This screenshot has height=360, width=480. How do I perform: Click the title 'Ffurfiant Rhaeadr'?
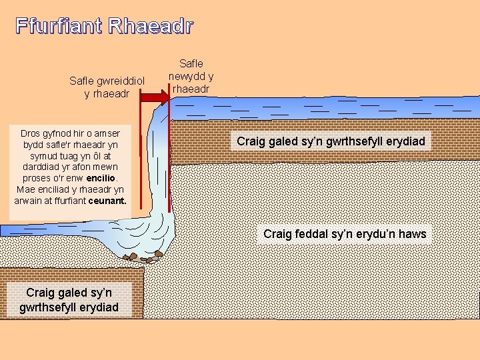(105, 27)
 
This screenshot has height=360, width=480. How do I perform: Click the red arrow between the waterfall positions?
(153, 97)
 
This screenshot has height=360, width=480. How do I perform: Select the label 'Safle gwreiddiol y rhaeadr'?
(107, 87)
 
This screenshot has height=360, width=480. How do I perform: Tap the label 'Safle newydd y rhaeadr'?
(191, 77)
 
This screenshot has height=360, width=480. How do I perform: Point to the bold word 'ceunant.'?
(107, 199)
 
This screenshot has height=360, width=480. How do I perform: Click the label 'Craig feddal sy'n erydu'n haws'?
(345, 234)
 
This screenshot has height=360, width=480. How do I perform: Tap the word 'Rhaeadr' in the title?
(150, 27)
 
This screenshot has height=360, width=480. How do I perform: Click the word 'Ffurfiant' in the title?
(58, 27)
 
